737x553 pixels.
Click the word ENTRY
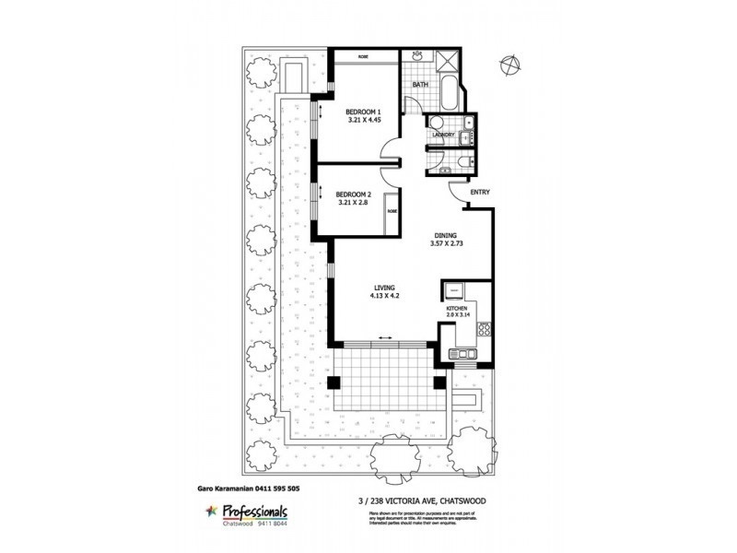479,193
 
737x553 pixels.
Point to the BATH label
420,86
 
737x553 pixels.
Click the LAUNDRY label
444,135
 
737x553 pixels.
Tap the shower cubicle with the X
449,63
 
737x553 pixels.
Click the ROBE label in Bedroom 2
391,210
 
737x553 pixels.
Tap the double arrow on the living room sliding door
384,339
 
